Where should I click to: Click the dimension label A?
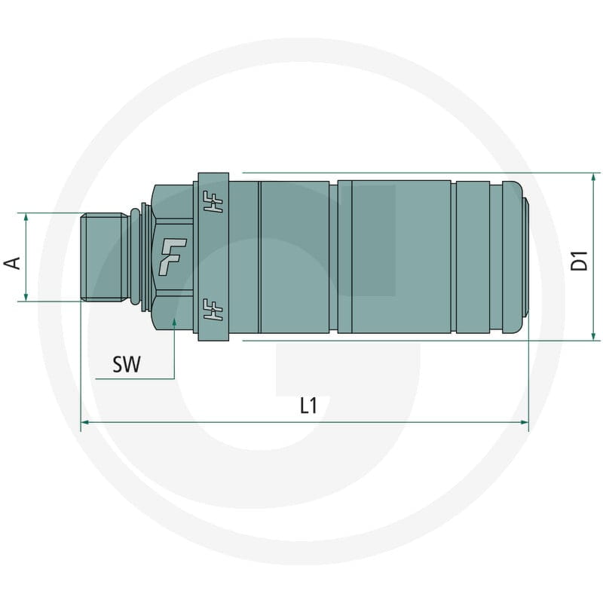(12, 263)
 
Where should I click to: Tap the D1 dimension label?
(579, 260)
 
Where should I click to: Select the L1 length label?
(309, 406)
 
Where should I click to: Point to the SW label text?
(127, 364)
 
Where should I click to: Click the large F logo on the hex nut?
(173, 256)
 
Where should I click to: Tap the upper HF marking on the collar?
(213, 202)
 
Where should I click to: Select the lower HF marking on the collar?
(213, 310)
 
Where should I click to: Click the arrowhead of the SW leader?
(174, 323)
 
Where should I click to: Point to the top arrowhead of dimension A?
(26, 217)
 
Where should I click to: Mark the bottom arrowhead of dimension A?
(26, 296)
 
